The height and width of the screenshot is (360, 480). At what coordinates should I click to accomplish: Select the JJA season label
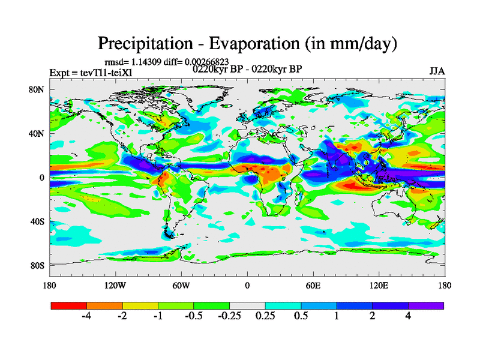click(x=437, y=71)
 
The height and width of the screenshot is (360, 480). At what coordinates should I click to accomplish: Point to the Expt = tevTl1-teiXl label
click(x=91, y=73)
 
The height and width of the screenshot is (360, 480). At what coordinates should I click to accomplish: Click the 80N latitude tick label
click(x=37, y=89)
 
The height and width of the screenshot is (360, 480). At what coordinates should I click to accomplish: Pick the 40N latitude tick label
click(x=37, y=133)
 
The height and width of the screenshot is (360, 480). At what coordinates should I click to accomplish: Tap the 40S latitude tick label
click(x=37, y=221)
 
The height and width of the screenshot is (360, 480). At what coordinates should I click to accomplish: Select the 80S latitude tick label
click(x=37, y=265)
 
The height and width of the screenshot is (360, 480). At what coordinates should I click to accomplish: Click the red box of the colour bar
click(x=68, y=305)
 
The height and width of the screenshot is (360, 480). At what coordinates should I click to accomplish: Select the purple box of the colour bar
click(x=426, y=305)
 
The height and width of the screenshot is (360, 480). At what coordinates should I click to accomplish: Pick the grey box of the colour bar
click(x=247, y=305)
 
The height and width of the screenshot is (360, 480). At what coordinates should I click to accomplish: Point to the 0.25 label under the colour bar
click(x=265, y=317)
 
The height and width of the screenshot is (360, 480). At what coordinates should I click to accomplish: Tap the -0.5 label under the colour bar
click(x=193, y=317)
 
